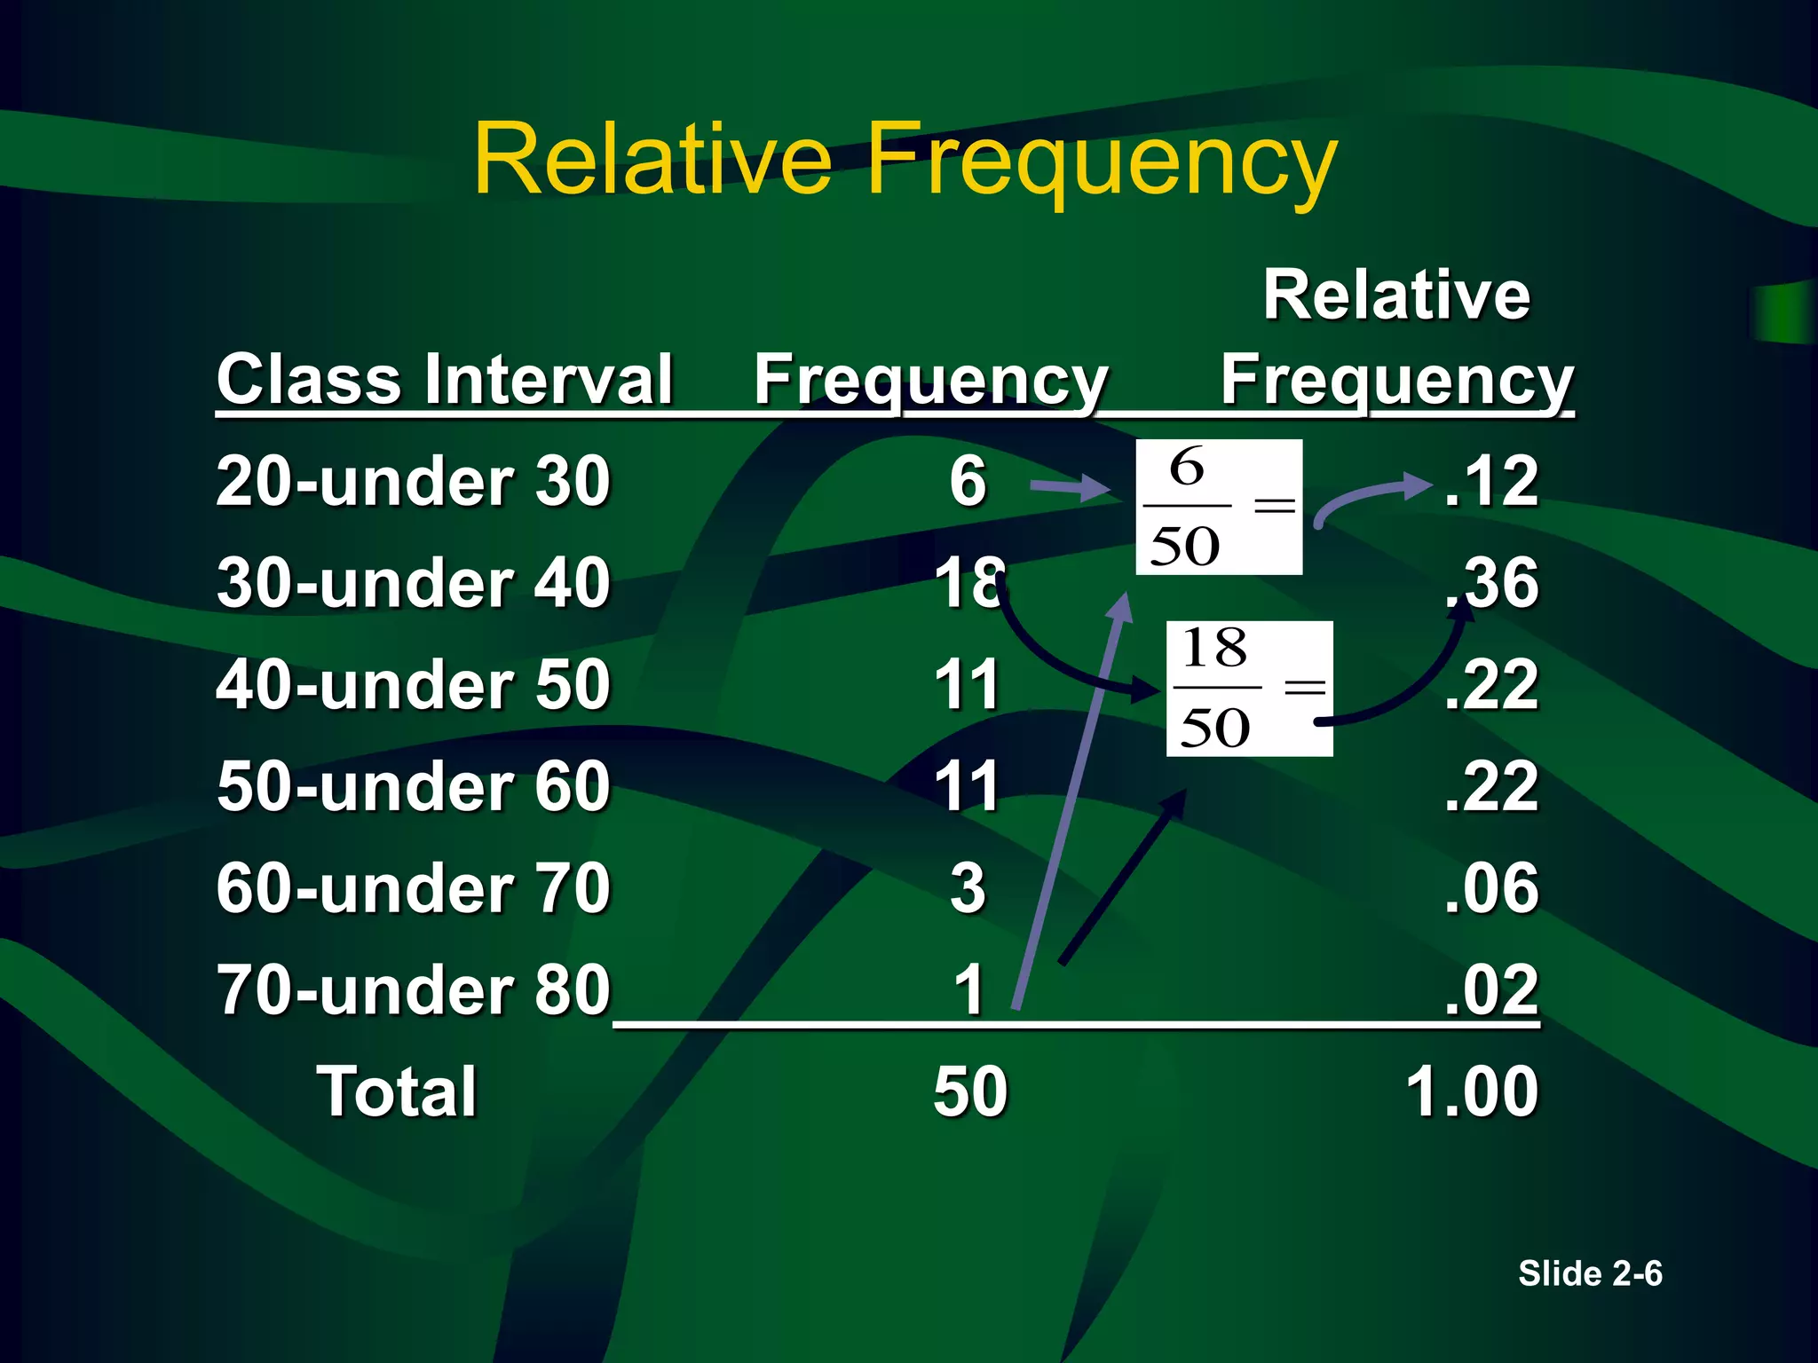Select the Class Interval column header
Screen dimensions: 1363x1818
(x=444, y=380)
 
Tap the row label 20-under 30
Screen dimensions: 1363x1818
(x=413, y=482)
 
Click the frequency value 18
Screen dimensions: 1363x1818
(x=968, y=583)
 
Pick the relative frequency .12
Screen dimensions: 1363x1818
(x=1491, y=482)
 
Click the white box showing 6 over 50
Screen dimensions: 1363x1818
(x=1219, y=507)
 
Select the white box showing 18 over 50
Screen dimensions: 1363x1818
(x=1249, y=689)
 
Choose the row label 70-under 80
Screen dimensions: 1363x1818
(x=413, y=989)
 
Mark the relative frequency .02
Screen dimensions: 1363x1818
(x=1491, y=989)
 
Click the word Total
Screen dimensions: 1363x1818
(x=397, y=1091)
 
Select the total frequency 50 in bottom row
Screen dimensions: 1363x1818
(x=970, y=1091)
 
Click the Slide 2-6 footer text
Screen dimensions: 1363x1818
(x=1589, y=1273)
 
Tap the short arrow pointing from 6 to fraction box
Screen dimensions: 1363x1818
(x=1070, y=486)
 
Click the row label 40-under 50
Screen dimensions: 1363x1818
(x=413, y=685)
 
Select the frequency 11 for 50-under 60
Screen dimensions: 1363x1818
(x=968, y=786)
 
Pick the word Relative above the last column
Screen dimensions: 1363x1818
(x=1396, y=295)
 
